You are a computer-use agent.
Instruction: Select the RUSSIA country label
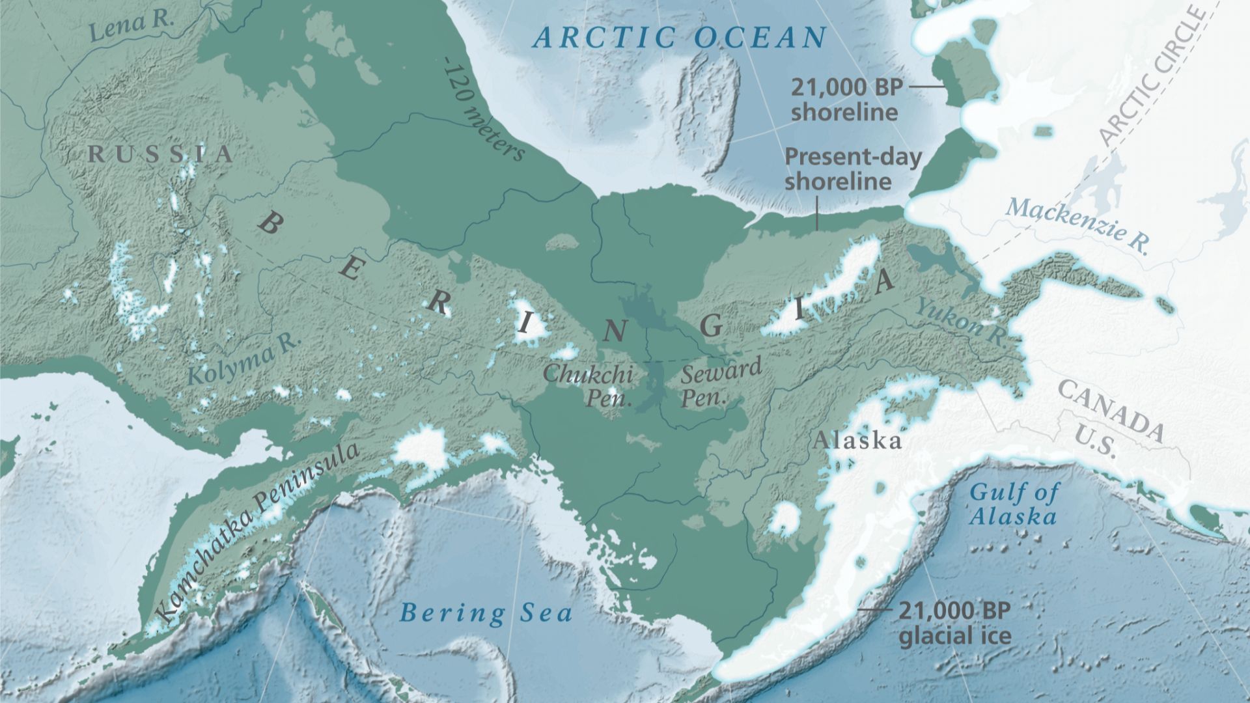pyautogui.click(x=160, y=154)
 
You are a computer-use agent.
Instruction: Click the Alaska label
pyautogui.click(x=857, y=441)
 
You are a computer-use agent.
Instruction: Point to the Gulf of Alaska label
pyautogui.click(x=1013, y=504)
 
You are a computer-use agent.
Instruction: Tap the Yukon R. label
pyautogui.click(x=960, y=320)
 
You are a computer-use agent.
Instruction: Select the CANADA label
pyautogui.click(x=1111, y=409)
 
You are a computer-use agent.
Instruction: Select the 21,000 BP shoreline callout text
pyautogui.click(x=845, y=99)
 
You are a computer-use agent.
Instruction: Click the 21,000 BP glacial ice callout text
pyautogui.click(x=955, y=622)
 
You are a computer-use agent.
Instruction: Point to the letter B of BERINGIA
pyautogui.click(x=269, y=225)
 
